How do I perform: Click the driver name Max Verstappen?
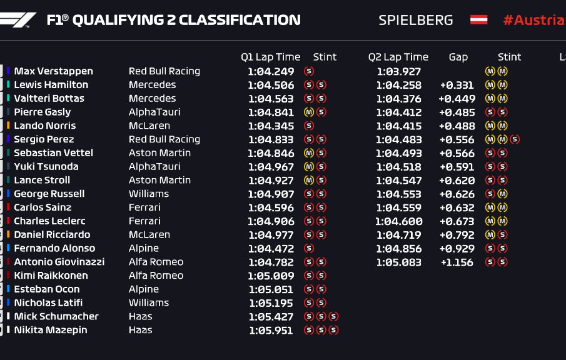click(x=53, y=71)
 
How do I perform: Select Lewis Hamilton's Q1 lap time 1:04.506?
click(x=271, y=85)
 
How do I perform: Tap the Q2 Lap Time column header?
click(x=398, y=57)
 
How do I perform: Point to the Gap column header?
click(x=458, y=57)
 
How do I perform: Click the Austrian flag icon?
click(x=478, y=20)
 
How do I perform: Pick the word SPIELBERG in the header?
click(x=415, y=20)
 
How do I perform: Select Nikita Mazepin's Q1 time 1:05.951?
click(x=271, y=330)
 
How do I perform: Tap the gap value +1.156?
click(x=457, y=262)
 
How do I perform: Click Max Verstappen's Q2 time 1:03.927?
click(x=398, y=71)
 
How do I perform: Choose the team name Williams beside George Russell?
click(x=149, y=194)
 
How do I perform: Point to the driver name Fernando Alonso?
click(x=54, y=248)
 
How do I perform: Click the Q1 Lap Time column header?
click(x=270, y=57)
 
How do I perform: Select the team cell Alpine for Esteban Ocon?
click(x=144, y=289)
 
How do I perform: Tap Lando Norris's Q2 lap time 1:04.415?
click(x=398, y=126)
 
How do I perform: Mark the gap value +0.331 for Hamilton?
click(x=457, y=85)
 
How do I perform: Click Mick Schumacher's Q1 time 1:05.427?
click(x=271, y=316)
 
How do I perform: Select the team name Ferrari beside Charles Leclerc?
click(x=144, y=221)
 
